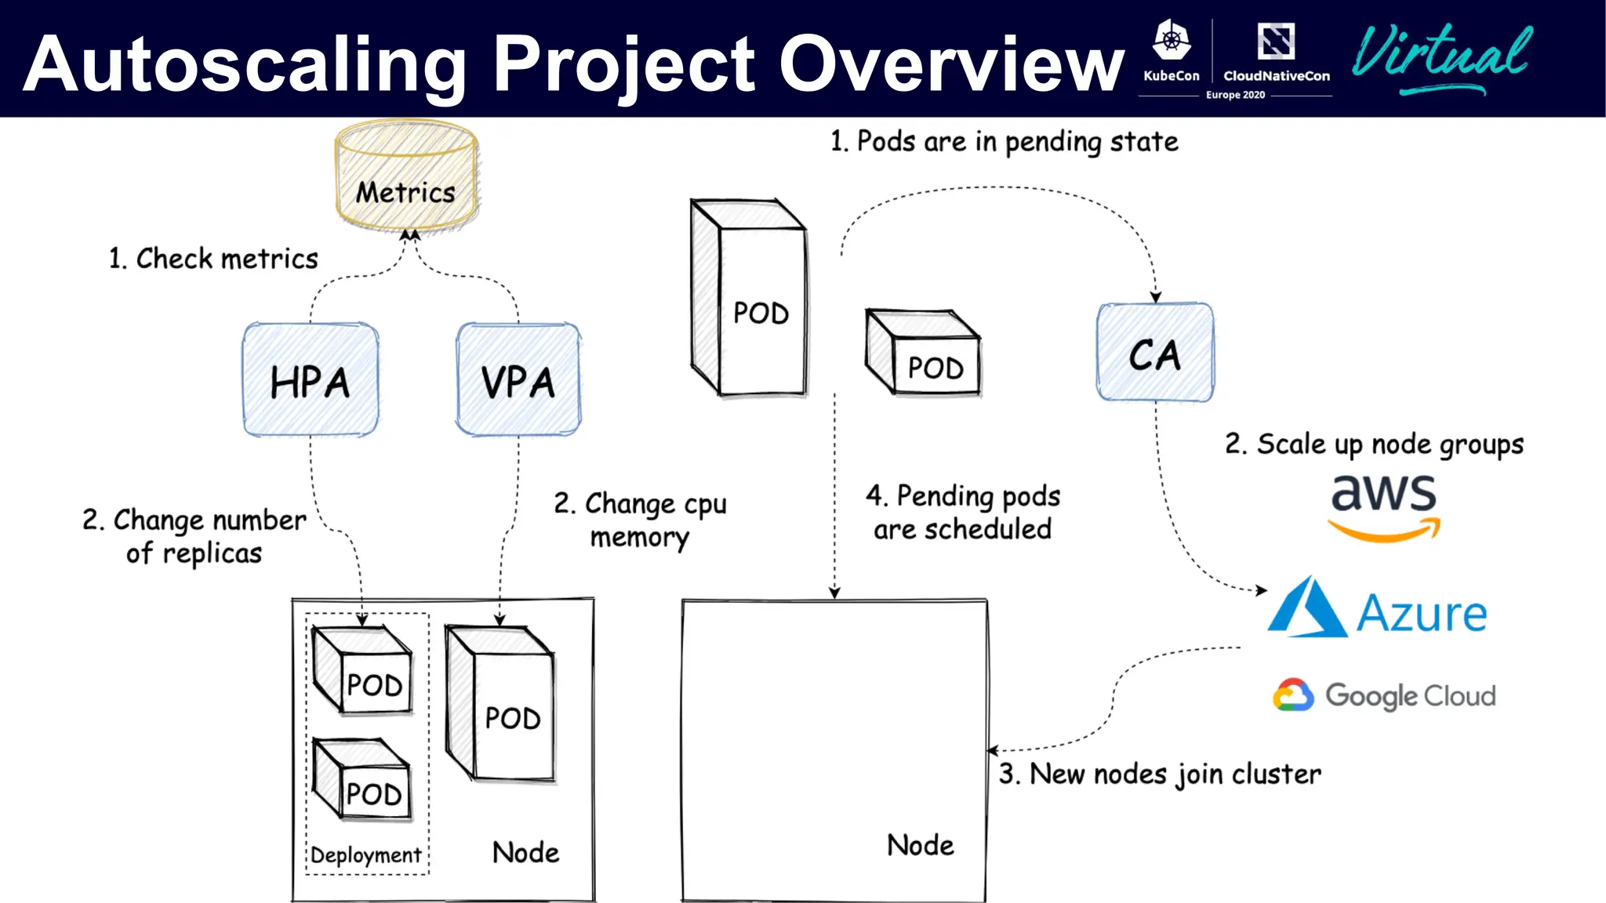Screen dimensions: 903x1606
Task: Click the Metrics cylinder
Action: tap(406, 177)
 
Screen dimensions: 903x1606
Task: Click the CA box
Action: tap(1155, 354)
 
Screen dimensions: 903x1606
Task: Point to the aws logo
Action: tap(1384, 506)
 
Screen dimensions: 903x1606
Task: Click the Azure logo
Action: tap(1378, 609)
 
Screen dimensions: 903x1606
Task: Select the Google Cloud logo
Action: tap(1384, 695)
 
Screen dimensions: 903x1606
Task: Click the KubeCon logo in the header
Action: tap(1172, 52)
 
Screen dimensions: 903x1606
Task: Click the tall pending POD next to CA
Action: tap(749, 298)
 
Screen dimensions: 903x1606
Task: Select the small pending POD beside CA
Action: tap(923, 353)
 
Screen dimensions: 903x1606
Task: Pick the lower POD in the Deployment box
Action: tap(362, 779)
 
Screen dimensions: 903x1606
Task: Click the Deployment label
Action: tap(365, 855)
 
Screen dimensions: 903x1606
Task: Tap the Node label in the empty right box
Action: tap(921, 846)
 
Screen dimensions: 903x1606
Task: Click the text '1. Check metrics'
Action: tap(213, 259)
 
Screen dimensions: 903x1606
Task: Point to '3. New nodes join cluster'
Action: tap(1160, 774)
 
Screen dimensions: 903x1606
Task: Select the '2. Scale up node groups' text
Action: tap(1374, 444)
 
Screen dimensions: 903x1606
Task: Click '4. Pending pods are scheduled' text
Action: tap(963, 513)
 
